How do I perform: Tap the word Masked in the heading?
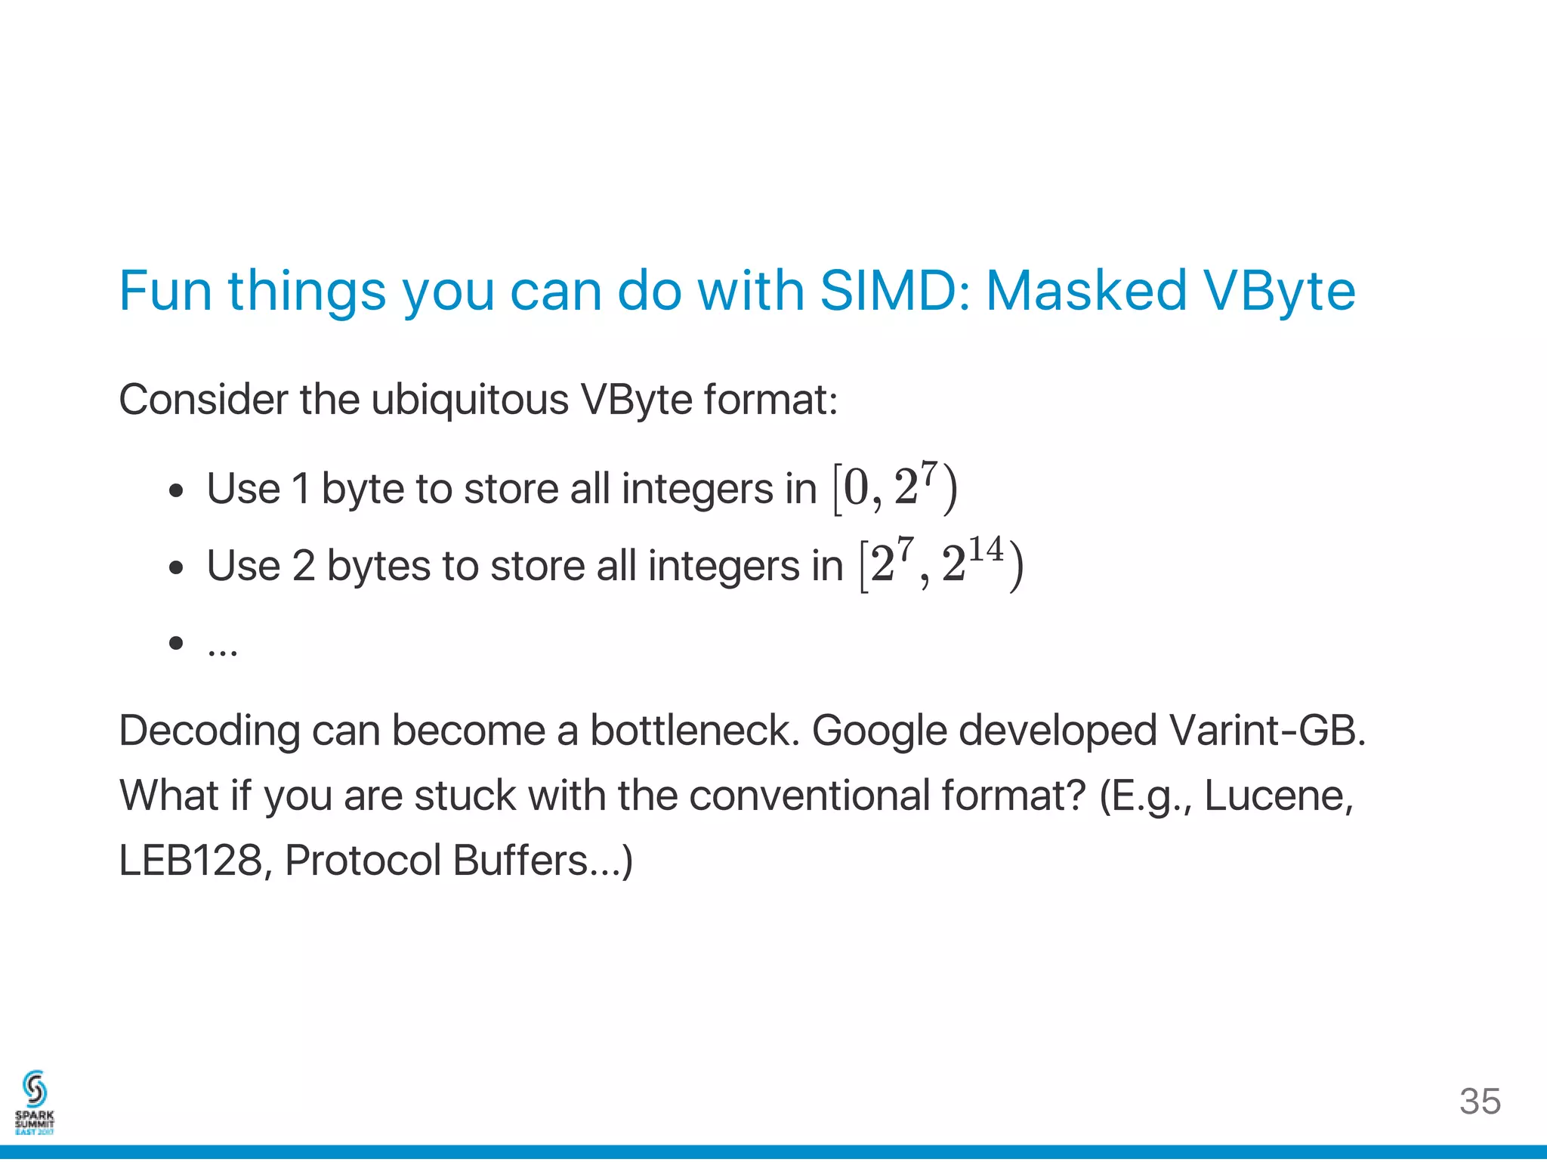[1085, 291]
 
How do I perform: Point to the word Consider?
[203, 400]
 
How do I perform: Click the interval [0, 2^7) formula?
[894, 487]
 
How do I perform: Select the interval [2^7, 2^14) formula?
[940, 564]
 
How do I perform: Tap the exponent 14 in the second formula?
[986, 549]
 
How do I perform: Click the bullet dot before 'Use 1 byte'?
[176, 491]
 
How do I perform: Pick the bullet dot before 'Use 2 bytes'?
[176, 567]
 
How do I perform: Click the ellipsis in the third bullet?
[222, 648]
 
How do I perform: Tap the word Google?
[879, 731]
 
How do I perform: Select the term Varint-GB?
[1267, 731]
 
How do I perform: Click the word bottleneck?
[694, 731]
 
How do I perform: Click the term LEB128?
[191, 861]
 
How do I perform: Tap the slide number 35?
[1480, 1102]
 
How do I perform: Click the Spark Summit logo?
[35, 1102]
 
